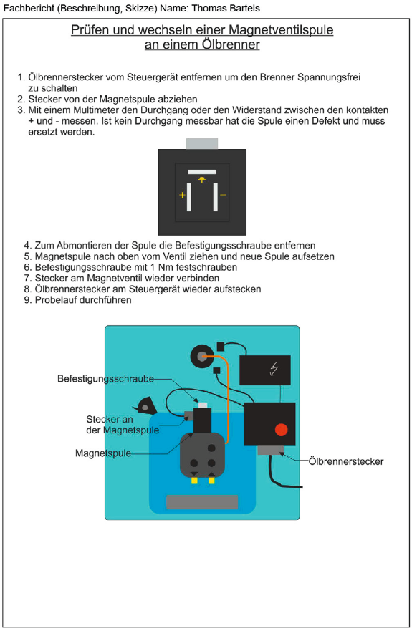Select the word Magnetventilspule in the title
281,29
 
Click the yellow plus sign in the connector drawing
183,196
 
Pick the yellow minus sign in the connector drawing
223,195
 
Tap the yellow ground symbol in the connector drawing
202,180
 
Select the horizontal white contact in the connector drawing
202,172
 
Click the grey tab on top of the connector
202,144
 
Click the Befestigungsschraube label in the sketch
105,379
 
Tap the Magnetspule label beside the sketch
103,453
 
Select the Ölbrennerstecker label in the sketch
346,461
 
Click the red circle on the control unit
281,430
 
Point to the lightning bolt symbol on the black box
274,369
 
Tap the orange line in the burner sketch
228,398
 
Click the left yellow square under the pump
194,480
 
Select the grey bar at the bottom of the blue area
202,502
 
